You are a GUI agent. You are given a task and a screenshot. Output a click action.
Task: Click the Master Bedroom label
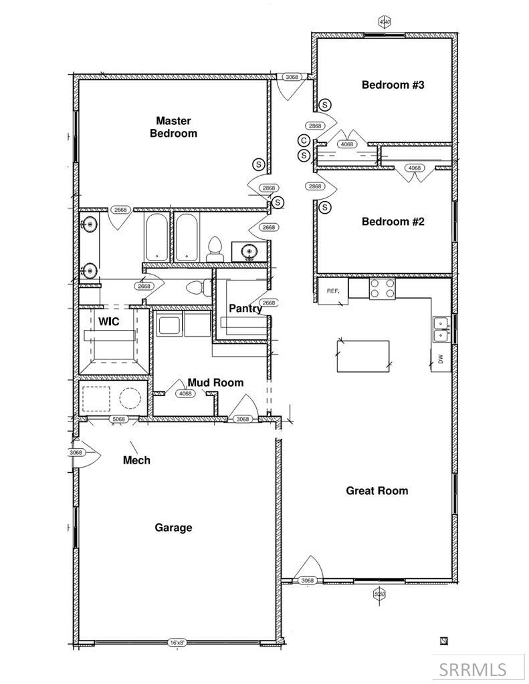point(173,127)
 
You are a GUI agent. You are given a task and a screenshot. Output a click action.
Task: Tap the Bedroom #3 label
point(393,85)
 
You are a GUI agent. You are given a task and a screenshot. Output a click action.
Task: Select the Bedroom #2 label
point(393,222)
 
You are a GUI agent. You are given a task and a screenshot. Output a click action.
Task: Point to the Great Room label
point(377,491)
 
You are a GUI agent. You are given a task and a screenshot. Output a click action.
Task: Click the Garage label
point(173,528)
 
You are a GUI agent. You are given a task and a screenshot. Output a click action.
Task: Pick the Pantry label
point(245,309)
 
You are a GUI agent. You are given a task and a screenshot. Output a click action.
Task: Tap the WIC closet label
point(109,321)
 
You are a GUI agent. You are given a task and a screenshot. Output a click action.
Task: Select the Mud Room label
point(215,382)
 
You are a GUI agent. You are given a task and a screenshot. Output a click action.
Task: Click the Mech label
point(136,460)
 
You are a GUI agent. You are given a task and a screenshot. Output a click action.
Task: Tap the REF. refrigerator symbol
point(333,291)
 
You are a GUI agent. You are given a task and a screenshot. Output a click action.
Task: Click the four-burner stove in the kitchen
point(383,289)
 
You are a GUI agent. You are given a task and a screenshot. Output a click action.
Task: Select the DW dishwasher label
point(440,358)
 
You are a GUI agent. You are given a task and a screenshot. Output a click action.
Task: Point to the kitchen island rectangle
point(362,356)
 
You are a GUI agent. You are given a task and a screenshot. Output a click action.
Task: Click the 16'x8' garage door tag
point(177,643)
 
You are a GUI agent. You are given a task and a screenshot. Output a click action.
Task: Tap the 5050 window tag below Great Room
point(379,593)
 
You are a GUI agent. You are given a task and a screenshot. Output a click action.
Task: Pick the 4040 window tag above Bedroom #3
point(384,22)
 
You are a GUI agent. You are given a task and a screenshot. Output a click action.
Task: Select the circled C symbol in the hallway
point(304,140)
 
